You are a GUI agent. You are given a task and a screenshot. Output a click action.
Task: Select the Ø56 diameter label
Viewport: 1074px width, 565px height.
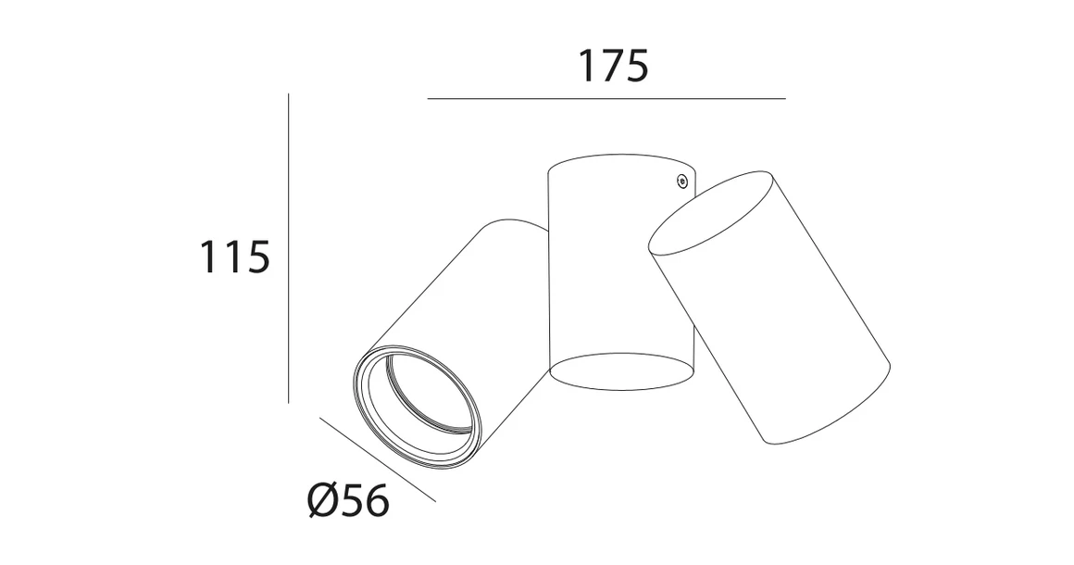coord(347,501)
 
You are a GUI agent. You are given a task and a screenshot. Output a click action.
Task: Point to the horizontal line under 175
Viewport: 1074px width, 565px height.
coord(606,98)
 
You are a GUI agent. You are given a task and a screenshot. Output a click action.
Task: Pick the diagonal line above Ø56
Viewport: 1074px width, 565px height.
coord(377,459)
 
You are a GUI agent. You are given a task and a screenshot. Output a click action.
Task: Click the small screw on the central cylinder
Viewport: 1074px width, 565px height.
coord(681,182)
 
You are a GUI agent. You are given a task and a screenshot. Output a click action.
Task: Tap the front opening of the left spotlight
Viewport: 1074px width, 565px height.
coord(418,402)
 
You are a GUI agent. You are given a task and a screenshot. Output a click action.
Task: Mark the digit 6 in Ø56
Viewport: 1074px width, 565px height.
coord(373,501)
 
